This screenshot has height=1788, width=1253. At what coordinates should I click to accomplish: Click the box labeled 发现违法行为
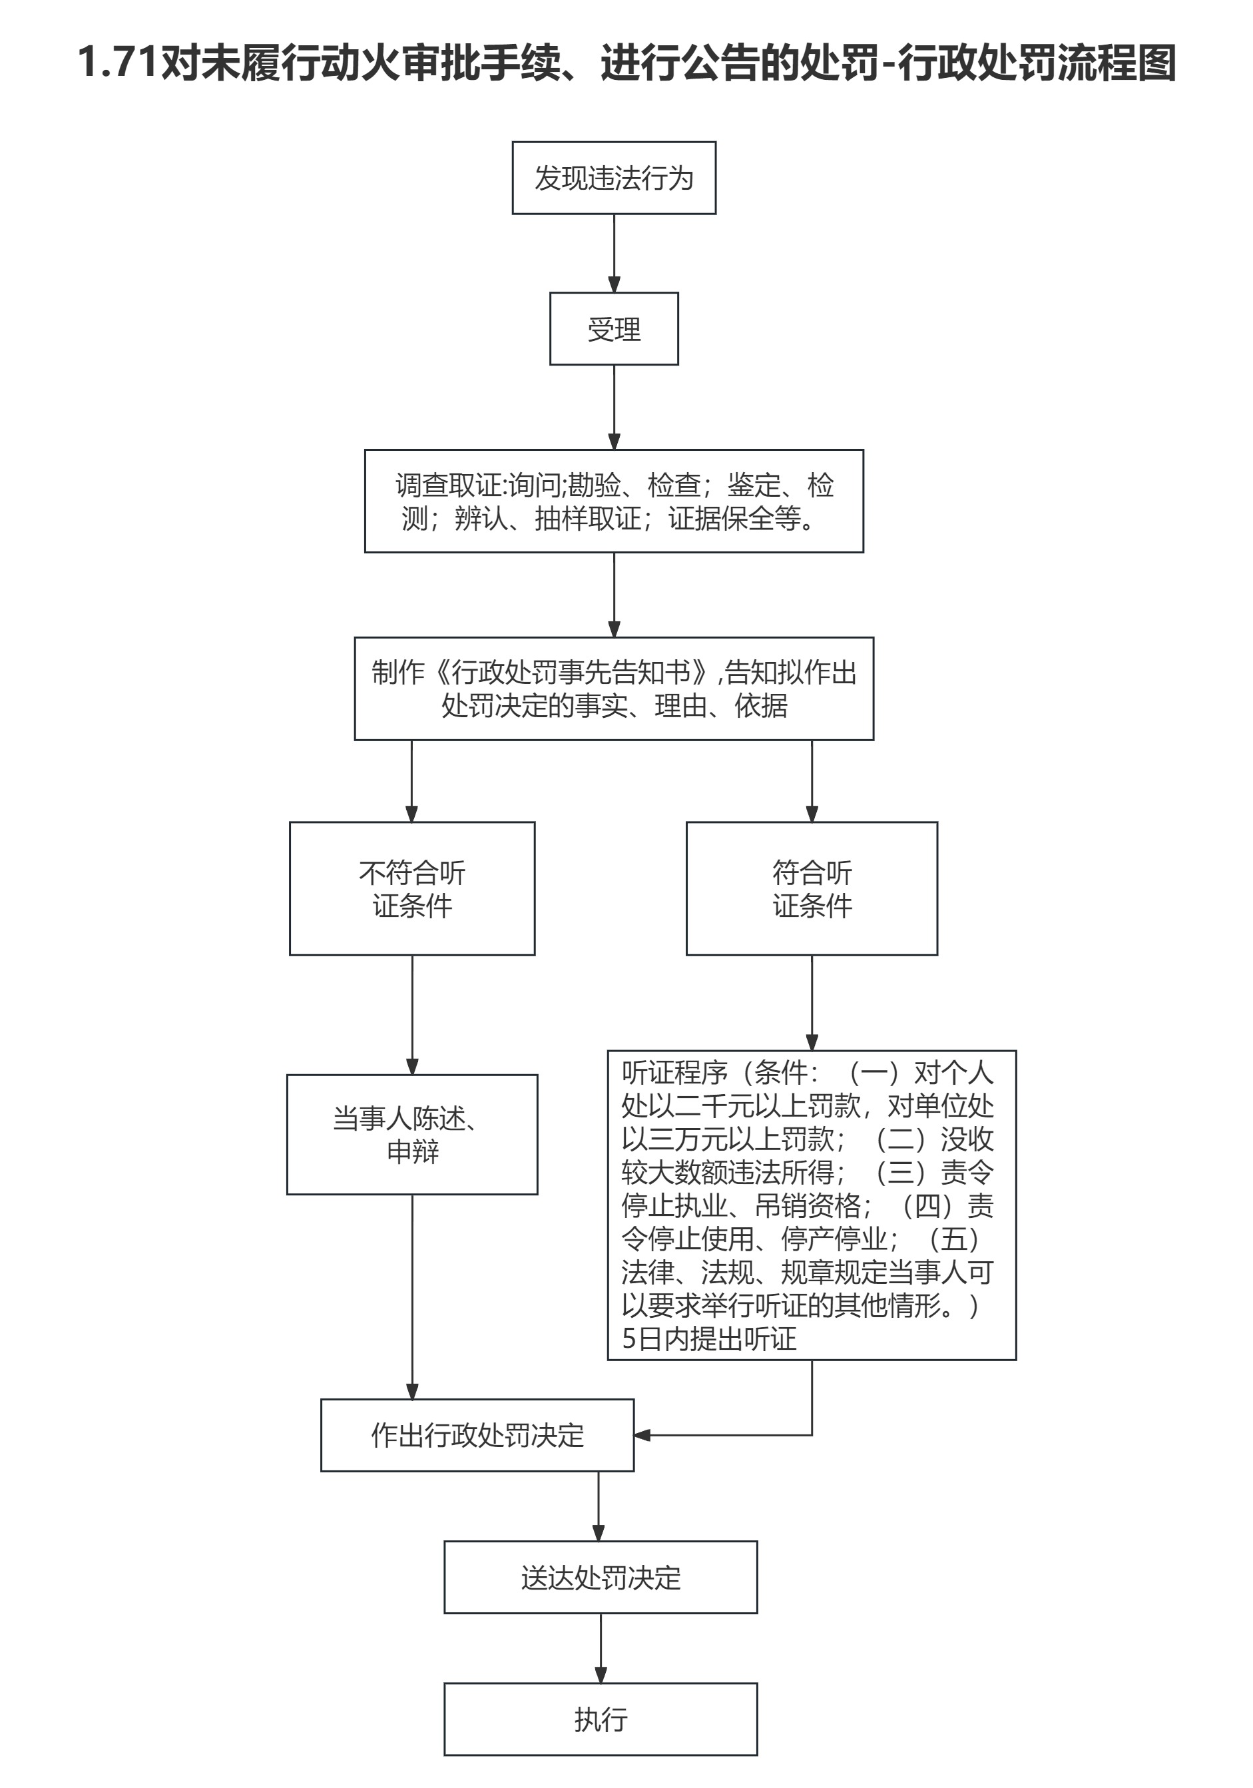point(614,178)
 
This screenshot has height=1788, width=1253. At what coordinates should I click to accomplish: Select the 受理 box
point(614,328)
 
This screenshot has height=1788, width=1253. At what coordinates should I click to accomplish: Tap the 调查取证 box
point(614,501)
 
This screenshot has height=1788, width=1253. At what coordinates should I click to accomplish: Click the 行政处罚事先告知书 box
point(614,689)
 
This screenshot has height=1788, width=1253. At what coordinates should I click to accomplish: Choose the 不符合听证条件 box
point(412,888)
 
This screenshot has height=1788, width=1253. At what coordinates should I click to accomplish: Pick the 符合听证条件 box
point(812,888)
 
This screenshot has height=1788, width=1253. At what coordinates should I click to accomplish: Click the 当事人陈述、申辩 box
point(412,1135)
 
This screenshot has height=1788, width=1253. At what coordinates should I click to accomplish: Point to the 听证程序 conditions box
point(812,1205)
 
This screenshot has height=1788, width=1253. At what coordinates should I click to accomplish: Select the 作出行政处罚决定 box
point(477,1435)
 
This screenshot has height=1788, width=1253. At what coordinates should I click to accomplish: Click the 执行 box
point(601,1719)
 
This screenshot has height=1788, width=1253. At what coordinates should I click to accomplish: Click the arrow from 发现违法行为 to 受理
point(614,253)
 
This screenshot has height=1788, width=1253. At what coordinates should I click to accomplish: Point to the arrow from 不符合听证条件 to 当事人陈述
point(412,1015)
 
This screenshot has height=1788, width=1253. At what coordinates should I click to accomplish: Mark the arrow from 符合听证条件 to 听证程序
point(812,1002)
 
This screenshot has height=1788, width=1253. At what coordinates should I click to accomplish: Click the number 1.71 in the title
point(118,63)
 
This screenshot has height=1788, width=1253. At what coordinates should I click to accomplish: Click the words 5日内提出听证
point(708,1339)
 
